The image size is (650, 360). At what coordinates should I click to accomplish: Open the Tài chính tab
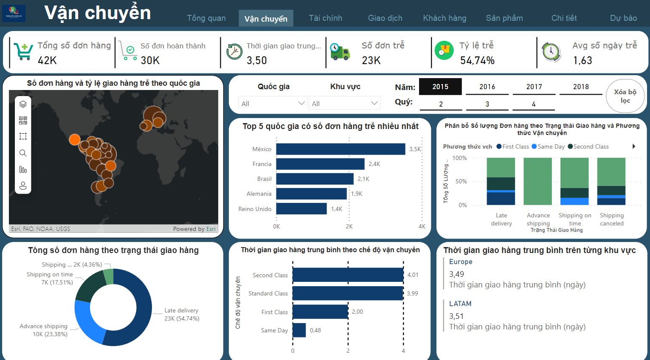[x=325, y=18]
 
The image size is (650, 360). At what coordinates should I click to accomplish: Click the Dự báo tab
[x=623, y=18]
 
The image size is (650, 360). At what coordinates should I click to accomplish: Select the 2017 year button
[x=534, y=87]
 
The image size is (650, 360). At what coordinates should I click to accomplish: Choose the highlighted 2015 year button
[x=440, y=87]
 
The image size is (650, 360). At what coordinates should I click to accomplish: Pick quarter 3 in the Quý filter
[x=487, y=104]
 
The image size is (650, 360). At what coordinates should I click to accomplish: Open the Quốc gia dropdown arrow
[x=301, y=103]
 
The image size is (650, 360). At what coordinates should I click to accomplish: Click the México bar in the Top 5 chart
[x=340, y=149]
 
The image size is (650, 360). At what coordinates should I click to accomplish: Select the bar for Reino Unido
[x=301, y=209]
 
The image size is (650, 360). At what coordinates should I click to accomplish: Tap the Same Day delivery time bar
[x=299, y=330]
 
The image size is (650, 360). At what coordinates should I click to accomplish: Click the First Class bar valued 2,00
[x=320, y=312]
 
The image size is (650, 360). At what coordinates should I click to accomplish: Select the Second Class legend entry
[x=591, y=146]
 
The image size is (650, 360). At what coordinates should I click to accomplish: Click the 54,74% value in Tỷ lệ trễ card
[x=477, y=61]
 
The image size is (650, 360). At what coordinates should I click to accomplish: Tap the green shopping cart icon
[x=23, y=52]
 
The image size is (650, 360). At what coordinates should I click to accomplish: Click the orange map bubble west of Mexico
[x=75, y=139]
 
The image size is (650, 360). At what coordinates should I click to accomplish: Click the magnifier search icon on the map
[x=23, y=153]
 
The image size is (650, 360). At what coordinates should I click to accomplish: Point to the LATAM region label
[x=460, y=304]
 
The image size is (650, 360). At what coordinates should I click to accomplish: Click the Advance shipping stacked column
[x=537, y=182]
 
